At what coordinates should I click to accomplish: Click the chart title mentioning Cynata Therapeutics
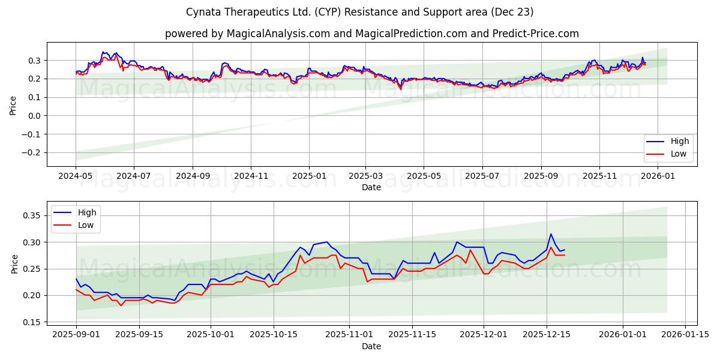[359, 12]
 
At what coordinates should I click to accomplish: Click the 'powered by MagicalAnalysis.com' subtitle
[371, 34]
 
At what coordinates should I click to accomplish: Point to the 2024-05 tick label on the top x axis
[76, 176]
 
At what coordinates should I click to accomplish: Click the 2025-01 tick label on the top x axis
[309, 176]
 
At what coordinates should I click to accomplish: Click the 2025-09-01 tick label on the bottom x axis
[76, 335]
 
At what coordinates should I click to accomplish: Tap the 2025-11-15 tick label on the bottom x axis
[412, 335]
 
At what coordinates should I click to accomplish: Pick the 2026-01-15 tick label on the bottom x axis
[685, 335]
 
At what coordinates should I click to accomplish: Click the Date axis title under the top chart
[371, 187]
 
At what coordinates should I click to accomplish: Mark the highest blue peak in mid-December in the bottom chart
[551, 234]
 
